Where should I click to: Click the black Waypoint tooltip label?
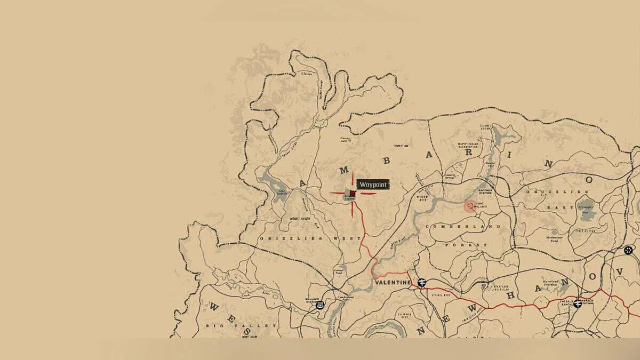pos(373,185)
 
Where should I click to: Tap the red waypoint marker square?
pos(353,193)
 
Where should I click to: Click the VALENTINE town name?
pos(393,282)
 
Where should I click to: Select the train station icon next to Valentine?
pos(422,282)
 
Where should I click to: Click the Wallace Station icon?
pos(320,305)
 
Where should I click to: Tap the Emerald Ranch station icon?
pos(578,303)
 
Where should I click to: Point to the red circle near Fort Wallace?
pos(469,206)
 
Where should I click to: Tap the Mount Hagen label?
pos(301,219)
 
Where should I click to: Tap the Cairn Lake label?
pos(345,140)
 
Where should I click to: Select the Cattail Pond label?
pos(338,270)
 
